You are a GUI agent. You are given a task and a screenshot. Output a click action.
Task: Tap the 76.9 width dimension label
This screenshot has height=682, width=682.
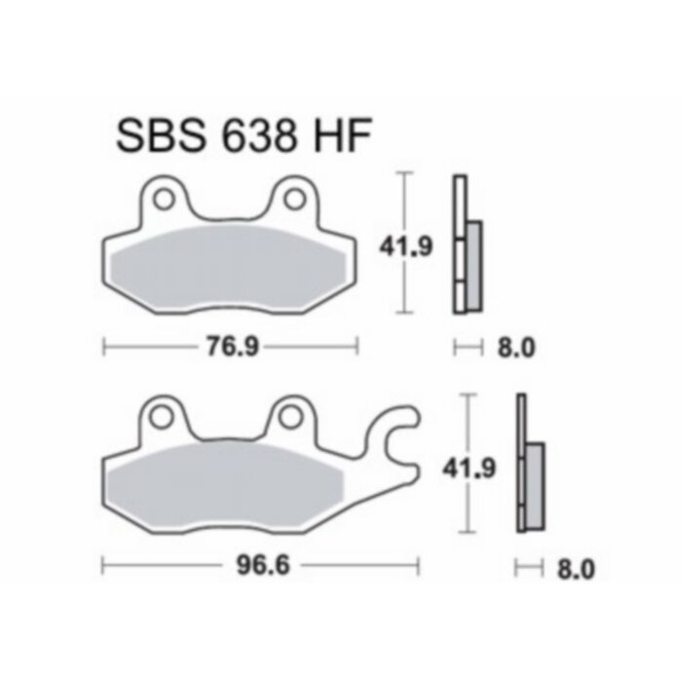(231, 344)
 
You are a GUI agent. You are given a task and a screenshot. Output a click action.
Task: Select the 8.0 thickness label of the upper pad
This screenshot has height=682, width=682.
(516, 346)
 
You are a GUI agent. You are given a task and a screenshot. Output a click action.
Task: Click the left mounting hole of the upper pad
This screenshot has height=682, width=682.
(164, 199)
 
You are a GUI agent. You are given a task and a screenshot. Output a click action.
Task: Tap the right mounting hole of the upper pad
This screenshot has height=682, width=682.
(293, 199)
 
